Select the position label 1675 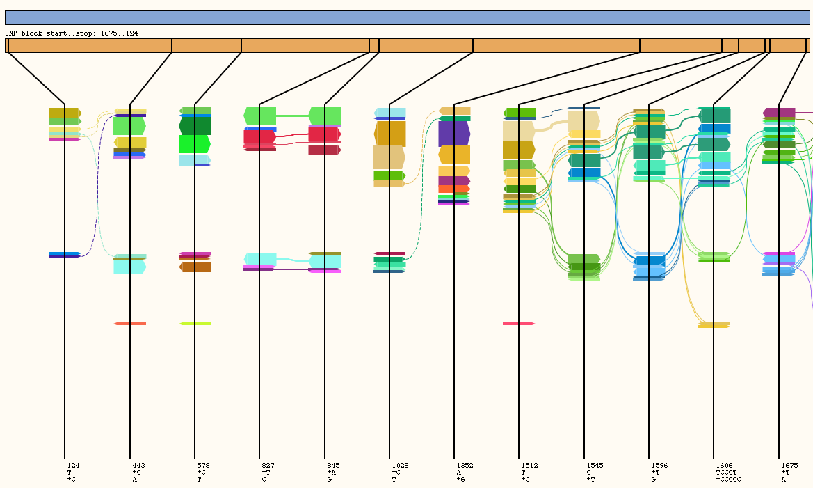[789, 465]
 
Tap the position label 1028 [400, 465]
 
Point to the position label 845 [333, 465]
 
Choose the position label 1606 [724, 465]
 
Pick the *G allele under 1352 [460, 479]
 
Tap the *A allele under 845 [331, 472]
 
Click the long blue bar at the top [407, 17]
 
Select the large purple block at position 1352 [454, 134]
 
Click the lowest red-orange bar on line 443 [130, 324]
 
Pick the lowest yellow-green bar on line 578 [195, 324]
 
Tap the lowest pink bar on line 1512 [519, 324]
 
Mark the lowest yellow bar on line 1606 [714, 325]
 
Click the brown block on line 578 [195, 267]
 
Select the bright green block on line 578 [195, 144]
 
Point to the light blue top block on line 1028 [389, 112]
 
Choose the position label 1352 [465, 465]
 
